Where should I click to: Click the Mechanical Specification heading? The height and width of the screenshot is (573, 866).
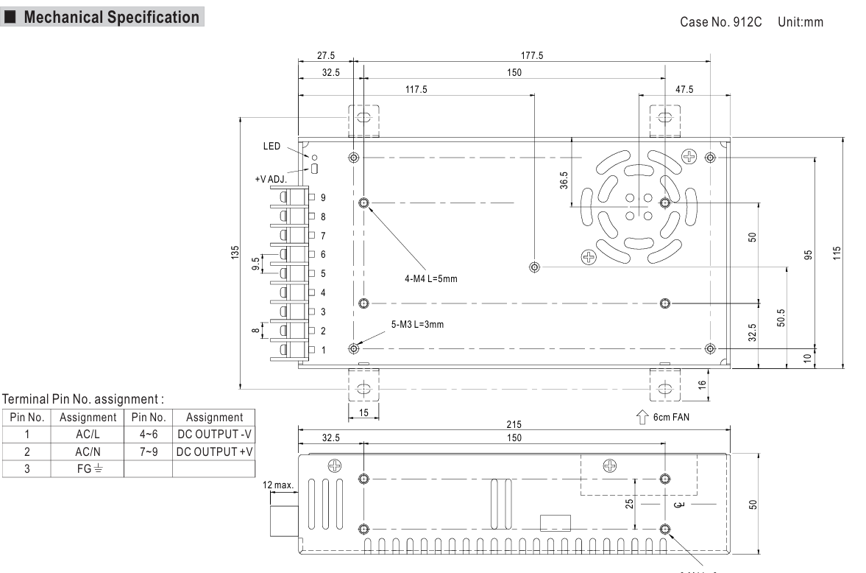[112, 17]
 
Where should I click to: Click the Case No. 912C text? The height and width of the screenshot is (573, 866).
[720, 22]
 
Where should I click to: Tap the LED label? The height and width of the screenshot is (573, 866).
[271, 146]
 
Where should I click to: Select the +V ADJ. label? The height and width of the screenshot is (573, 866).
[271, 179]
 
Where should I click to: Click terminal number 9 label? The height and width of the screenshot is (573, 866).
[323, 197]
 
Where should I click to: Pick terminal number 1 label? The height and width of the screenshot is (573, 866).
[324, 350]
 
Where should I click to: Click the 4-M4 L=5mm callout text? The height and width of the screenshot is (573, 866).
[430, 278]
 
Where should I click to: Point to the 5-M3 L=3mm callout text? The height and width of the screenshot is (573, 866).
[417, 325]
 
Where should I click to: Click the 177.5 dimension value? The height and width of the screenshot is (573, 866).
[532, 55]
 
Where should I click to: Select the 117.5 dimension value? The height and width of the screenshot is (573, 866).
[416, 89]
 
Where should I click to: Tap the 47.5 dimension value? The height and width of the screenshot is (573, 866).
[684, 89]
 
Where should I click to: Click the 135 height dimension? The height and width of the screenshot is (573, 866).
[235, 253]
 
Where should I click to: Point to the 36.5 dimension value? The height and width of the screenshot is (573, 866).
[564, 180]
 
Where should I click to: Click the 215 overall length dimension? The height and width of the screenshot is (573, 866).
[514, 425]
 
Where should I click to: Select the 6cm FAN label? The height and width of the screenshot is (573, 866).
[671, 417]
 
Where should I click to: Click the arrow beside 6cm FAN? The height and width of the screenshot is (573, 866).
[642, 417]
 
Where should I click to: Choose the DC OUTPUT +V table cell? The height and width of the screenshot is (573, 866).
[214, 452]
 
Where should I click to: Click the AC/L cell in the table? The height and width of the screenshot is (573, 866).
[88, 435]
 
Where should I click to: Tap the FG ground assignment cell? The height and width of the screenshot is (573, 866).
[88, 469]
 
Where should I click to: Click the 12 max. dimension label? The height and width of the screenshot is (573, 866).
[278, 485]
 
